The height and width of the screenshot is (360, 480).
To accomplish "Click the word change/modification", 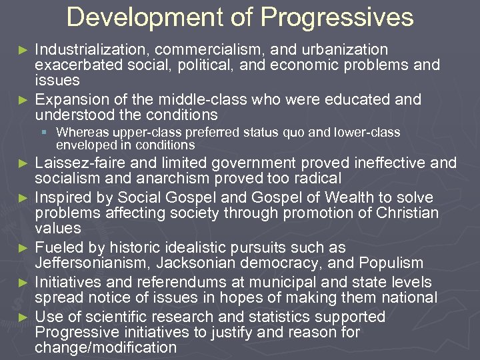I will click(106, 347).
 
